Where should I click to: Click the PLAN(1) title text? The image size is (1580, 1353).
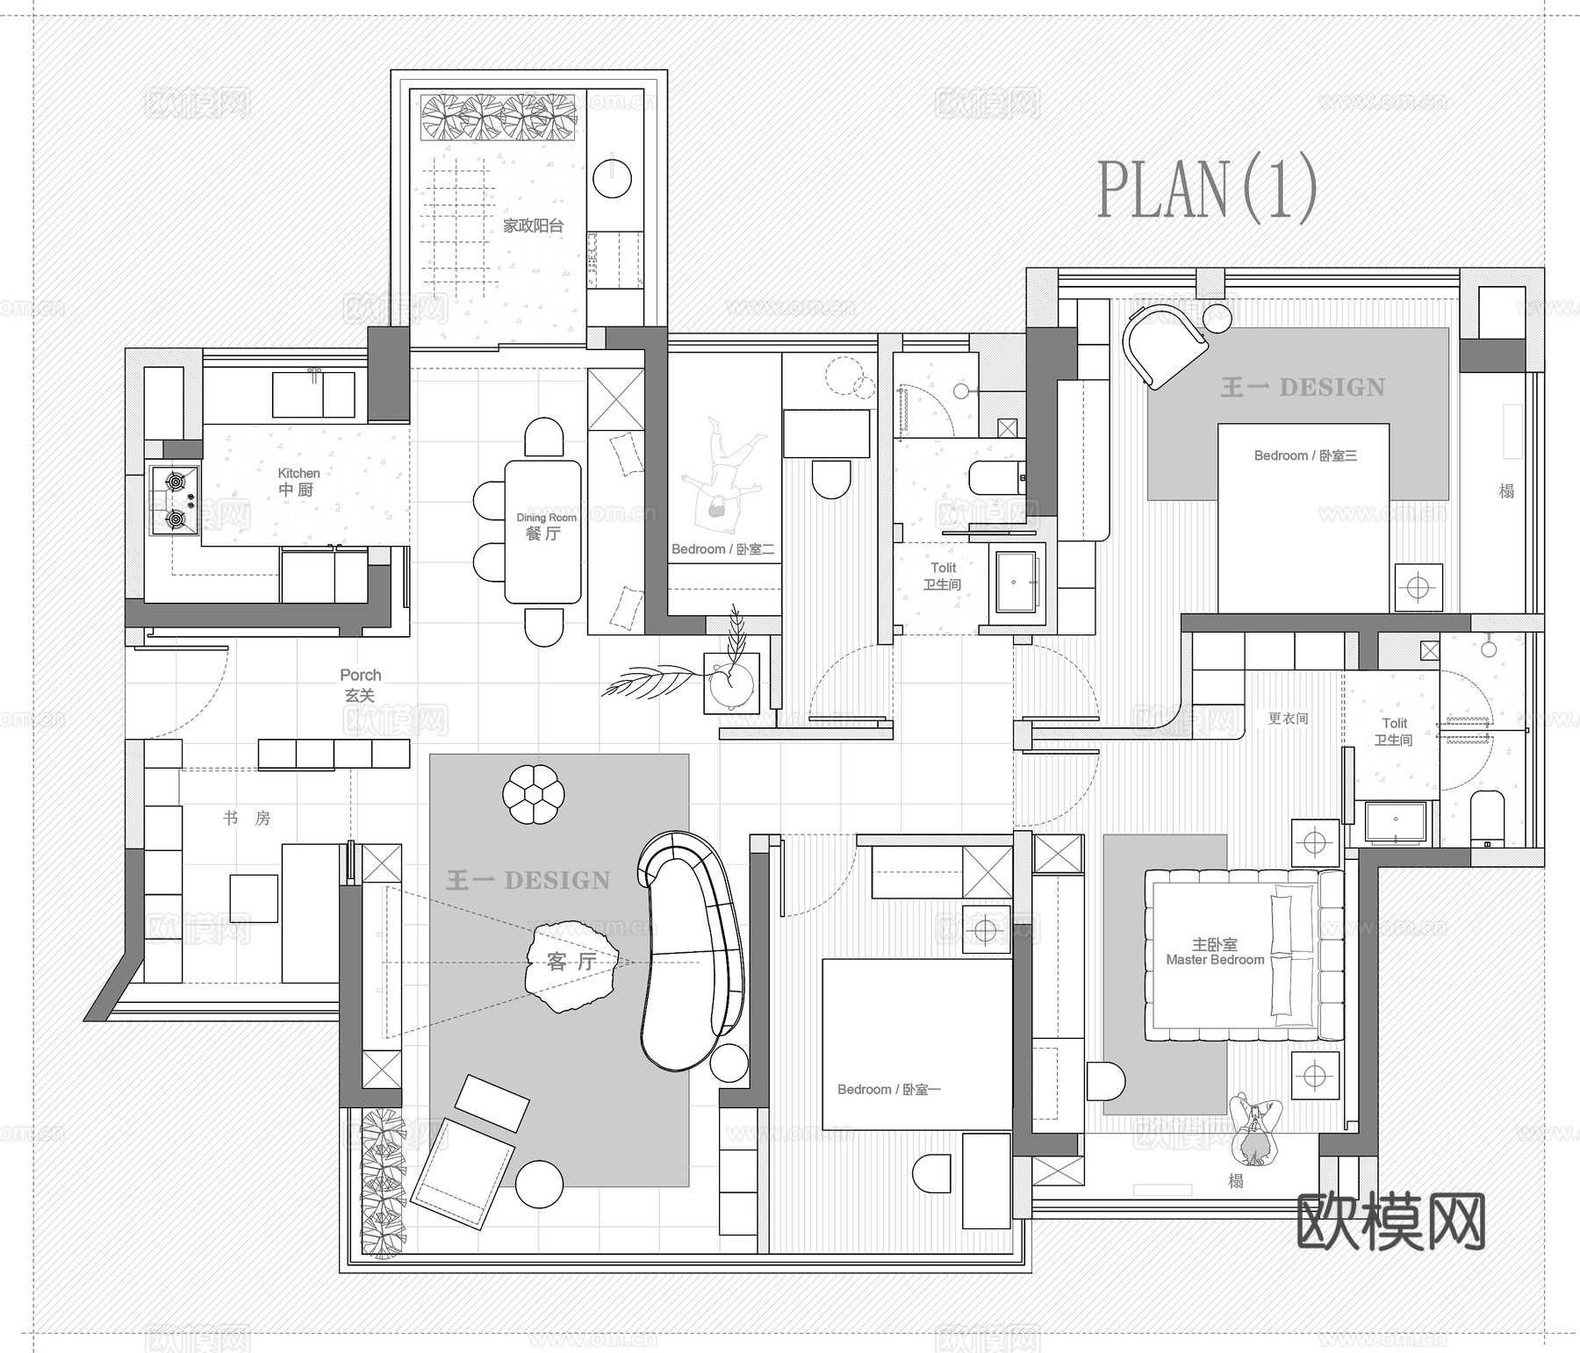pos(1207,188)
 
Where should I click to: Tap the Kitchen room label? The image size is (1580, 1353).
pos(298,482)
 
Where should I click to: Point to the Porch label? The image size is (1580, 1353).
pos(360,684)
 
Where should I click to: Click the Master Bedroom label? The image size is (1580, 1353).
pos(1215,952)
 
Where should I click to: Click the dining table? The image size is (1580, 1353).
pos(542,531)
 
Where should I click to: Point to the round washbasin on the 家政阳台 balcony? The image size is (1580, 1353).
pos(612,178)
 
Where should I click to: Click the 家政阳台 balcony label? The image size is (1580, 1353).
pos(533,225)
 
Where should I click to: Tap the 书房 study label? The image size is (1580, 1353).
pos(247,819)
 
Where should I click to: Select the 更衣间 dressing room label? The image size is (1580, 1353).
pos(1288,719)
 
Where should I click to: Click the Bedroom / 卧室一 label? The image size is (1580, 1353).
pos(888,1089)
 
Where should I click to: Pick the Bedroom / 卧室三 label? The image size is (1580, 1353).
pos(1305,455)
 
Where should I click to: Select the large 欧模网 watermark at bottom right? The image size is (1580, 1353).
pos(1390,1220)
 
